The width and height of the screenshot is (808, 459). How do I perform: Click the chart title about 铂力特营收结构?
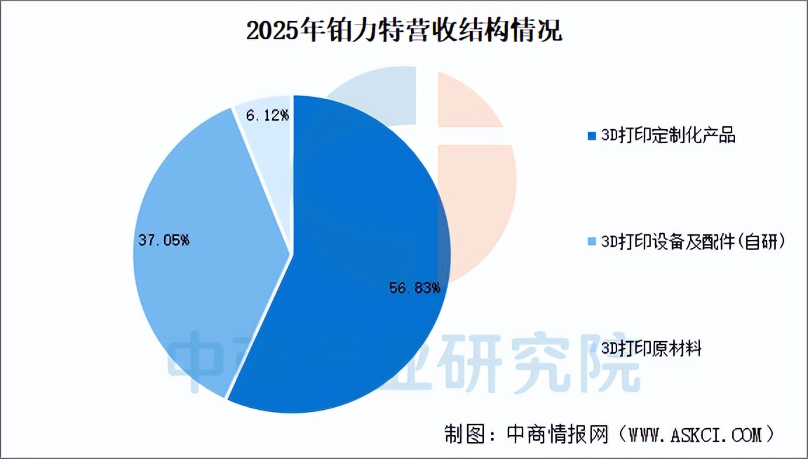(x=404, y=30)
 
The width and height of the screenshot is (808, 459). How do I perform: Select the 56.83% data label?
(x=415, y=288)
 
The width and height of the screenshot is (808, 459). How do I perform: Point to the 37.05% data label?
(x=163, y=240)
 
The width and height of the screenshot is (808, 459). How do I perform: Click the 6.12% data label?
(x=267, y=115)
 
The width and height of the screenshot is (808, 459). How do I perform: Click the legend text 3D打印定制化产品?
(x=668, y=135)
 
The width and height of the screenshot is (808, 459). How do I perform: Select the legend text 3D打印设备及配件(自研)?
(x=693, y=241)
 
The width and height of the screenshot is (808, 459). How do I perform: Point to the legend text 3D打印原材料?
(x=652, y=348)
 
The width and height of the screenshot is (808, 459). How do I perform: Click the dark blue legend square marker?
(x=592, y=136)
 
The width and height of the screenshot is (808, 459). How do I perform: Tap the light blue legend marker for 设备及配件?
(x=592, y=241)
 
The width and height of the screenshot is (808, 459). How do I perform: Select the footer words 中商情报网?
(x=558, y=434)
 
